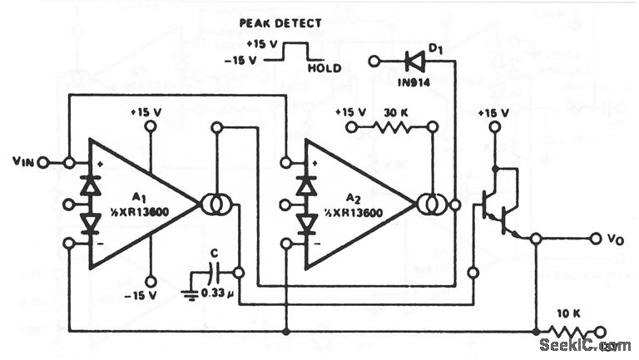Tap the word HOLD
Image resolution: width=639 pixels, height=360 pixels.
[324, 68]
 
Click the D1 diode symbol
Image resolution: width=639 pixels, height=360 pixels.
[413, 61]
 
